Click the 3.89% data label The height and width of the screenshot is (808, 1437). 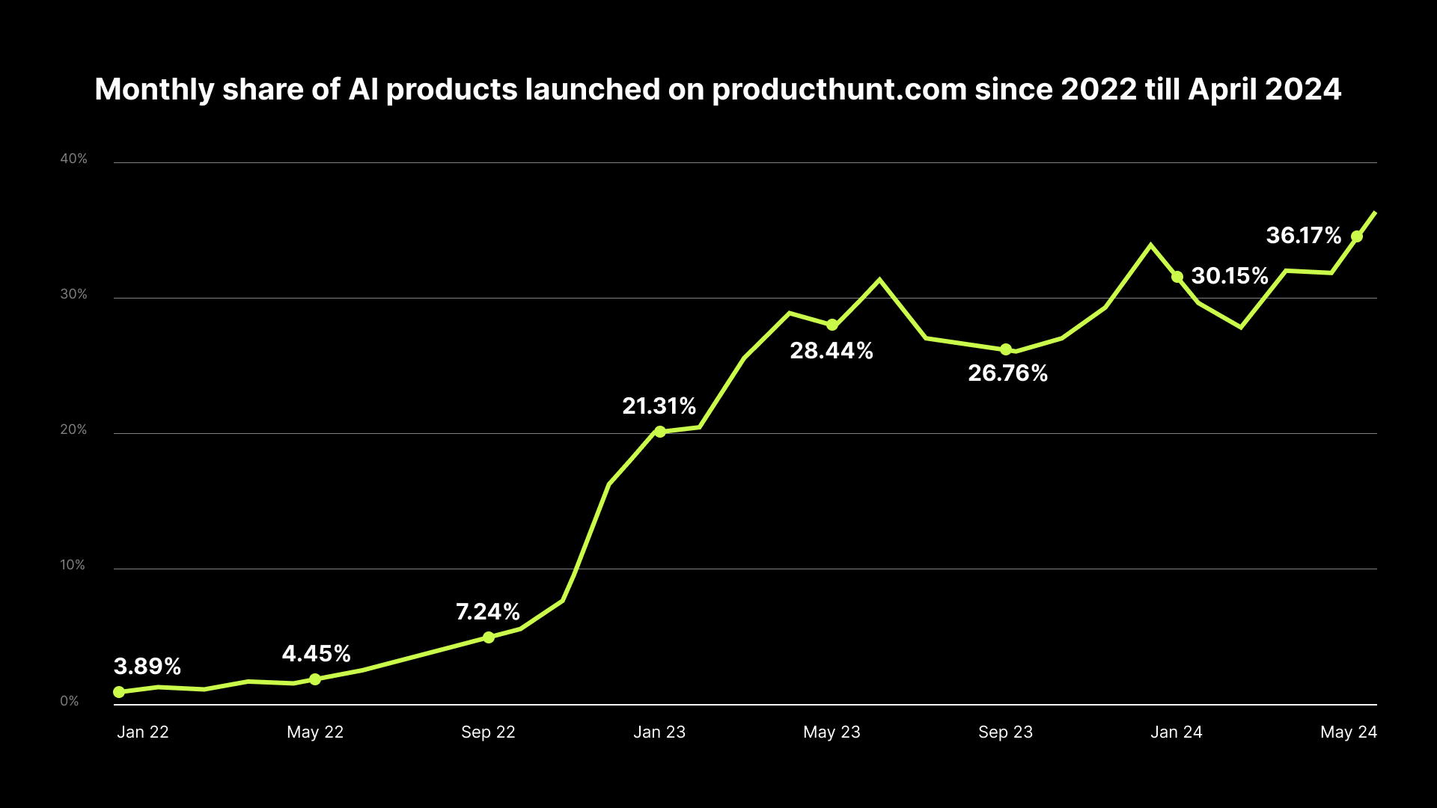(147, 666)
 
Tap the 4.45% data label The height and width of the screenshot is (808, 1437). (316, 653)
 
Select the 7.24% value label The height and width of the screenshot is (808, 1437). (488, 611)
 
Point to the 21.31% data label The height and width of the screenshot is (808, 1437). (659, 405)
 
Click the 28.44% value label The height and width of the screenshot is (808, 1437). (832, 350)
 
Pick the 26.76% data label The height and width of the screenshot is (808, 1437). (1007, 373)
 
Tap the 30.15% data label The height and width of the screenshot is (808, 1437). (1230, 275)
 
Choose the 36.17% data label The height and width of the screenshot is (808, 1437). (1303, 235)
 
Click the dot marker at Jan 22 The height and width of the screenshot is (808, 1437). (119, 692)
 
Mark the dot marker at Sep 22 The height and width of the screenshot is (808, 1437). (489, 637)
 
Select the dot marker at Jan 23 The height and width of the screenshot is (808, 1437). (660, 432)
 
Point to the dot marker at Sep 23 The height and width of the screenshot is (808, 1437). (1006, 349)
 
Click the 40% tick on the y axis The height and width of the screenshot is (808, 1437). (74, 159)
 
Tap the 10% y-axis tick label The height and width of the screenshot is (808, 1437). (73, 565)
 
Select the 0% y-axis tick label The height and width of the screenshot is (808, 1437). (70, 701)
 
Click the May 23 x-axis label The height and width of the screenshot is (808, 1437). (832, 732)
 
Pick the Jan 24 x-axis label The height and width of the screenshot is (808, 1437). (1176, 732)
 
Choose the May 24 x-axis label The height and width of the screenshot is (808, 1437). (1348, 732)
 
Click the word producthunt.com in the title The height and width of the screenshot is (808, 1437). (838, 90)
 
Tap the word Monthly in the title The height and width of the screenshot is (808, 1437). (154, 90)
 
